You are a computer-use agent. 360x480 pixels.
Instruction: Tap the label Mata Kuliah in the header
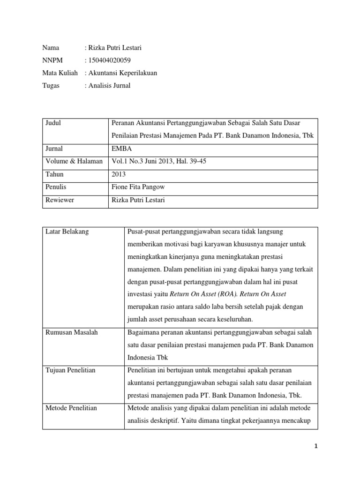click(x=60, y=73)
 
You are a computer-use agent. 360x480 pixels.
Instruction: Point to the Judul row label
click(x=53, y=123)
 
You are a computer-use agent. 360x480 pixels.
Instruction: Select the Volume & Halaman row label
click(x=73, y=161)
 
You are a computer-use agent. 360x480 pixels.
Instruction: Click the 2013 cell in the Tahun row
click(x=119, y=174)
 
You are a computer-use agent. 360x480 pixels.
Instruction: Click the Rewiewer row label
click(x=60, y=200)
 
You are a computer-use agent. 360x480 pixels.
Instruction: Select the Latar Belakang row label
click(x=67, y=232)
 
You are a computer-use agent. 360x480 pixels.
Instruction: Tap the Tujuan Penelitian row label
click(x=70, y=370)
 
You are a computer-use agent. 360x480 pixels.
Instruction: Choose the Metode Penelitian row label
click(x=71, y=408)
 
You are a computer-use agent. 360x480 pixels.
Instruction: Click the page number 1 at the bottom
click(x=316, y=446)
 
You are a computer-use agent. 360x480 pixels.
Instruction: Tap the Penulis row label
click(x=56, y=187)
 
